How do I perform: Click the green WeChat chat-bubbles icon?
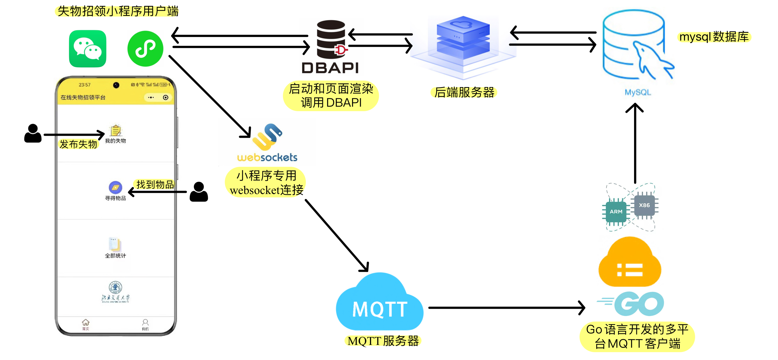pyautogui.click(x=88, y=49)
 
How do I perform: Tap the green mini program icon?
pyautogui.click(x=145, y=49)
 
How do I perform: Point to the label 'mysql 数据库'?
pyautogui.click(x=714, y=37)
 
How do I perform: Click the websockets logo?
pyautogui.click(x=267, y=142)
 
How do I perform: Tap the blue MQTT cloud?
pyautogui.click(x=380, y=303)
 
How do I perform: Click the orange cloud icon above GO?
pyautogui.click(x=630, y=263)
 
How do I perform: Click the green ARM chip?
pyautogui.click(x=616, y=211)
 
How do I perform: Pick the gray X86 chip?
pyautogui.click(x=644, y=205)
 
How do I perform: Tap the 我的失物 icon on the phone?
pyautogui.click(x=115, y=131)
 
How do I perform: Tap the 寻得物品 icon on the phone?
pyautogui.click(x=115, y=188)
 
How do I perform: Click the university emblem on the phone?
pyautogui.click(x=115, y=287)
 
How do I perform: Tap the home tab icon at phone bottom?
pyautogui.click(x=86, y=323)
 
